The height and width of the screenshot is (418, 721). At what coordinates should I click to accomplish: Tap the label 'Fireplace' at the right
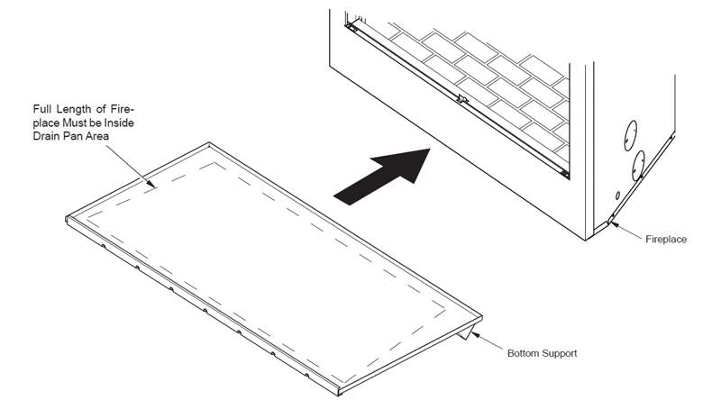click(x=666, y=239)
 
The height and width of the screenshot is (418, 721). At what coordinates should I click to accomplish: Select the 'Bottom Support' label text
click(x=543, y=353)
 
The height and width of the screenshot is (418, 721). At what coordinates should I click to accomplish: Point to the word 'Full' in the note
click(x=41, y=109)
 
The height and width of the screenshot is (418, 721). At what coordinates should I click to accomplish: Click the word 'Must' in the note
click(x=72, y=123)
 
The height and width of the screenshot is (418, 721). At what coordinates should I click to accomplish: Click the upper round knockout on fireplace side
click(x=630, y=136)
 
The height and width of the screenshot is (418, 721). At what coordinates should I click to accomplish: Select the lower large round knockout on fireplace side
click(x=638, y=166)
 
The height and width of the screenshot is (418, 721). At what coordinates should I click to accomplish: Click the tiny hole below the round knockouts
click(x=617, y=195)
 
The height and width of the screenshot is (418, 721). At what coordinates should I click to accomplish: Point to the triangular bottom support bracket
click(x=466, y=332)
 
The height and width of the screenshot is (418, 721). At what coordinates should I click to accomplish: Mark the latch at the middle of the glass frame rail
click(x=462, y=98)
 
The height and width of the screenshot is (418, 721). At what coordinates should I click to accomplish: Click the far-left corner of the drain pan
click(x=67, y=218)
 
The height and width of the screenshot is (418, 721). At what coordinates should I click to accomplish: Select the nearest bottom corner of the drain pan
click(x=339, y=392)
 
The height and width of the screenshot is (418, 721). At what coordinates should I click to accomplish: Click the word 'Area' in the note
click(x=97, y=136)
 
